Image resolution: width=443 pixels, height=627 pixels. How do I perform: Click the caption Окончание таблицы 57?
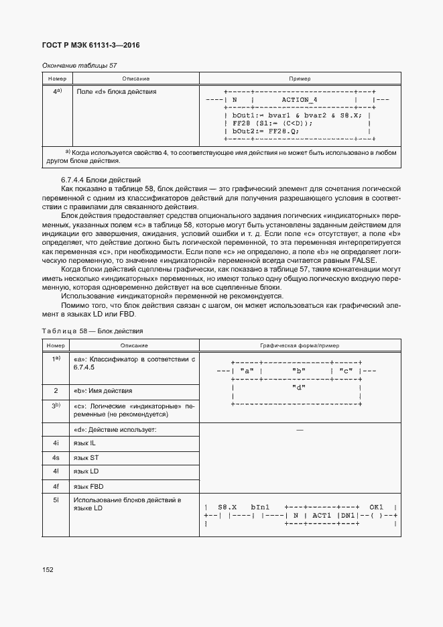[x=79, y=65]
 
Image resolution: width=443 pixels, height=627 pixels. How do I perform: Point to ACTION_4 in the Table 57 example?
[x=300, y=99]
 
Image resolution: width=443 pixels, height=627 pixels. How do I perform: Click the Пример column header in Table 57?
[x=300, y=78]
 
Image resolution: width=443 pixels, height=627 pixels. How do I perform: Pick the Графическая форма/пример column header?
[x=300, y=345]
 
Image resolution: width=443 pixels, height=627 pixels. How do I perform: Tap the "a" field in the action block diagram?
[x=246, y=371]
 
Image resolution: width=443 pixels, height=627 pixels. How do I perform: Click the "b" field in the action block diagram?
[x=299, y=371]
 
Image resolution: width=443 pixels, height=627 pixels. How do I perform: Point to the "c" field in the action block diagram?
[x=345, y=371]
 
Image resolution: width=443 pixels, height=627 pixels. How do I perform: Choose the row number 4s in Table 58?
[x=56, y=457]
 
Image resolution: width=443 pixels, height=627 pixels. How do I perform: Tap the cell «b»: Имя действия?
[x=103, y=390]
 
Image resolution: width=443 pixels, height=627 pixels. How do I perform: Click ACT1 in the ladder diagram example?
[x=322, y=515]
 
